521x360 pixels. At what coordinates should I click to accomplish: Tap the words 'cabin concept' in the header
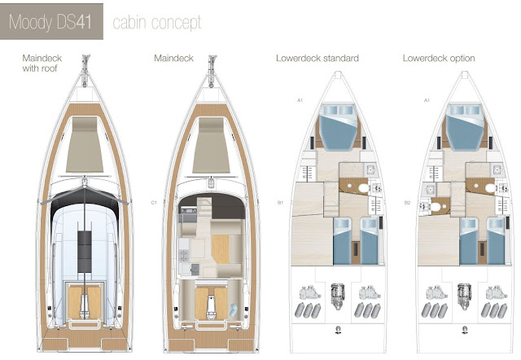(156, 22)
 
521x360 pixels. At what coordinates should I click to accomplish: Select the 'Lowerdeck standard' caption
(317, 59)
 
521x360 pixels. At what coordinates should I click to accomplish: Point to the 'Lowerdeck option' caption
(439, 59)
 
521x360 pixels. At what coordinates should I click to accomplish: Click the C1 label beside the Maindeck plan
(153, 200)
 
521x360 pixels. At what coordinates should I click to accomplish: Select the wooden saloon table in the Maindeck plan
(221, 244)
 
